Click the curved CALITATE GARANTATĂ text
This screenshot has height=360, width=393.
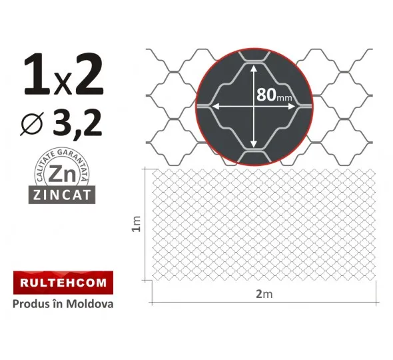(62, 157)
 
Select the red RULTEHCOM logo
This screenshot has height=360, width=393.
(63, 283)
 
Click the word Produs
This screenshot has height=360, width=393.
(31, 304)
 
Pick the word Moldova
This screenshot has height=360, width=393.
(92, 304)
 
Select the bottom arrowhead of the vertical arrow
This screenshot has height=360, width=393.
(253, 145)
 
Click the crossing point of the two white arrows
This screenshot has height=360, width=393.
(253, 105)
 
